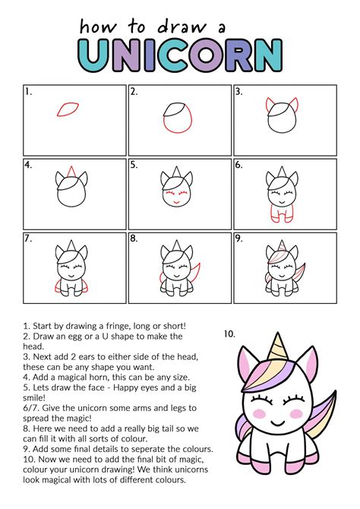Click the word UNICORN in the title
(180, 55)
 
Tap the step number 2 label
(134, 92)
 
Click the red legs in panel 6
(282, 217)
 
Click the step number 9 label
(238, 239)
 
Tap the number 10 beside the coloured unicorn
(230, 333)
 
